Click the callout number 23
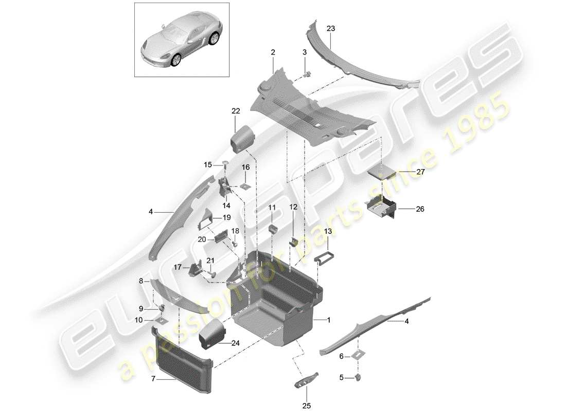pyautogui.click(x=330, y=29)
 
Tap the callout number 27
pyautogui.click(x=420, y=172)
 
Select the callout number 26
pyautogui.click(x=420, y=209)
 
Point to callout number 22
pyautogui.click(x=236, y=111)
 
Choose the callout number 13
pyautogui.click(x=328, y=232)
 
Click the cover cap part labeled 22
pyautogui.click(x=241, y=139)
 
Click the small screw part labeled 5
pyautogui.click(x=358, y=379)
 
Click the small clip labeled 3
pyautogui.click(x=307, y=73)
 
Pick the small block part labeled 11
pyautogui.click(x=273, y=228)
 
